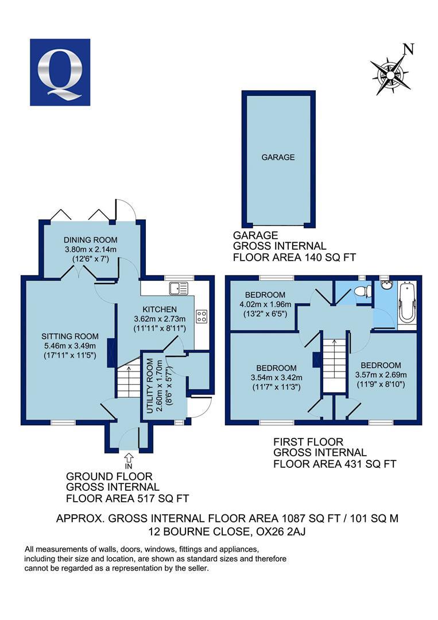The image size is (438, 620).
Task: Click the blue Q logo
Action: (60, 72)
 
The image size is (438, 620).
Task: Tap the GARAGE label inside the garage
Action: (278, 157)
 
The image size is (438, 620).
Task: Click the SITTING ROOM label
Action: (70, 336)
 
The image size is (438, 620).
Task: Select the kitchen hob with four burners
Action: (201, 316)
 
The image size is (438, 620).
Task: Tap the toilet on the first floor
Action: (361, 292)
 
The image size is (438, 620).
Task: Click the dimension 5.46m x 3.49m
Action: (70, 346)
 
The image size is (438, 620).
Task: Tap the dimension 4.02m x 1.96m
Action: (261, 304)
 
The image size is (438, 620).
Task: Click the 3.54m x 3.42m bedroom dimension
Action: (276, 377)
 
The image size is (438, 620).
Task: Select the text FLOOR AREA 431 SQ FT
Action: (335, 463)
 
